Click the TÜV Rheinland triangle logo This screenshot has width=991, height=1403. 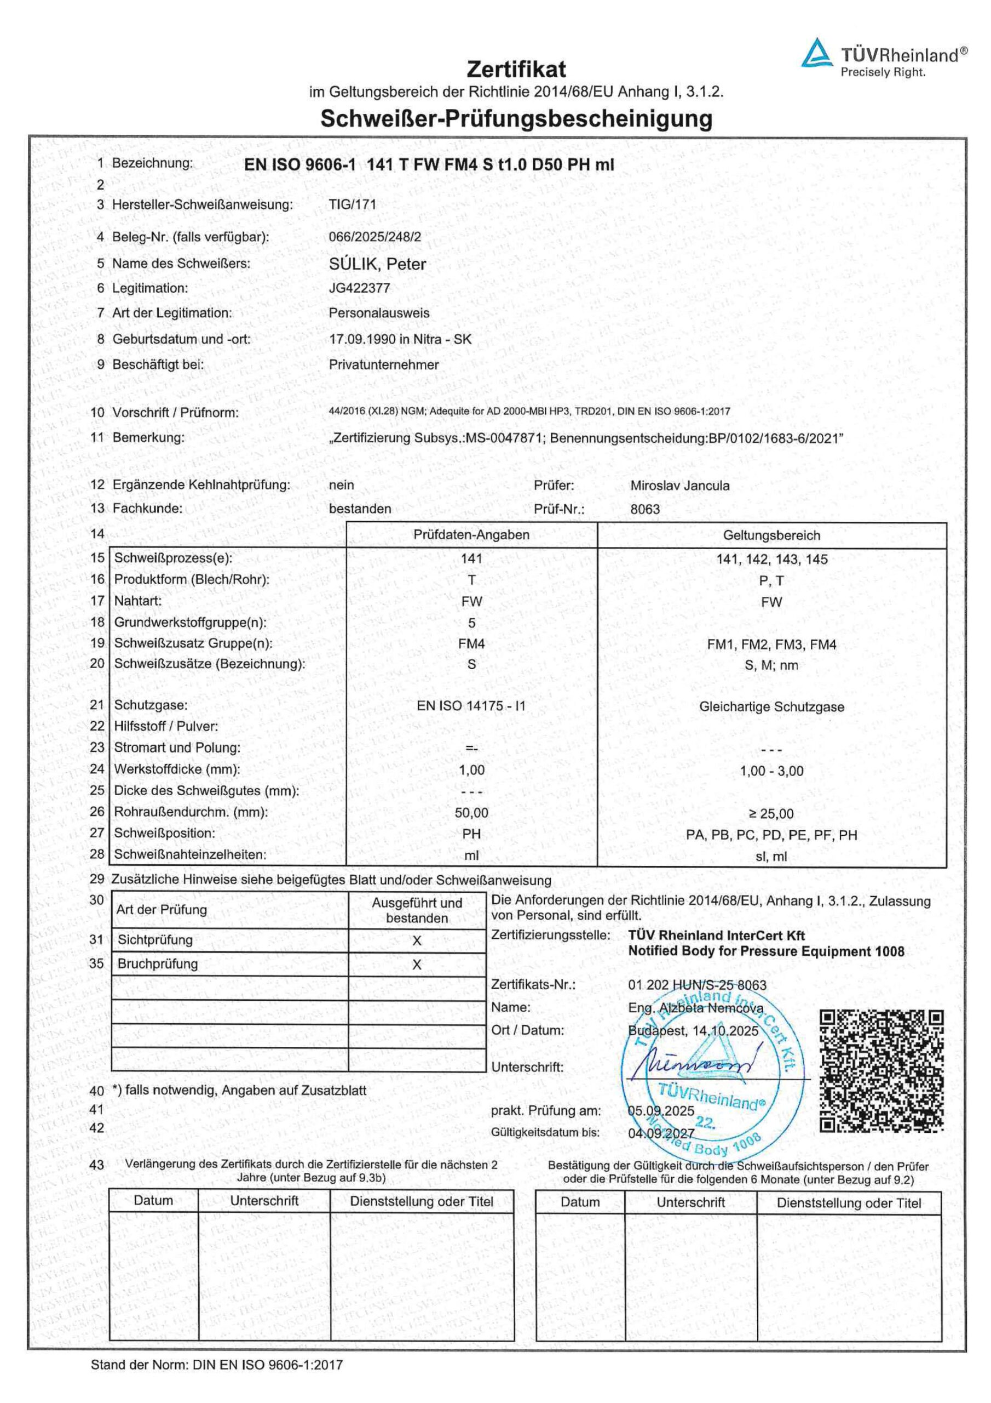click(x=817, y=53)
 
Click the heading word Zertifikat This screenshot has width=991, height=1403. click(x=516, y=69)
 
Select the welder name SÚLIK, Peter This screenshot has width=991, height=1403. click(x=377, y=264)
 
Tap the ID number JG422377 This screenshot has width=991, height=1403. click(x=359, y=288)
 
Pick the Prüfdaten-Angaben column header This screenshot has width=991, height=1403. click(x=471, y=535)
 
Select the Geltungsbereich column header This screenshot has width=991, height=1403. click(x=771, y=535)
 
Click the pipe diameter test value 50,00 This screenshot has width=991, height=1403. click(x=471, y=813)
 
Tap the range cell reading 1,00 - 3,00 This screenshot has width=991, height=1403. click(x=771, y=771)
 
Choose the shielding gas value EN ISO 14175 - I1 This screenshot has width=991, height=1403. click(x=471, y=706)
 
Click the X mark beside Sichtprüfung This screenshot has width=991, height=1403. click(x=417, y=940)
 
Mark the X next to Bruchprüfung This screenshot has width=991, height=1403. click(x=417, y=965)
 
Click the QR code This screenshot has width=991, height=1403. click(x=881, y=1070)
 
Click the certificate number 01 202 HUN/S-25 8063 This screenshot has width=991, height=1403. click(x=696, y=985)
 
